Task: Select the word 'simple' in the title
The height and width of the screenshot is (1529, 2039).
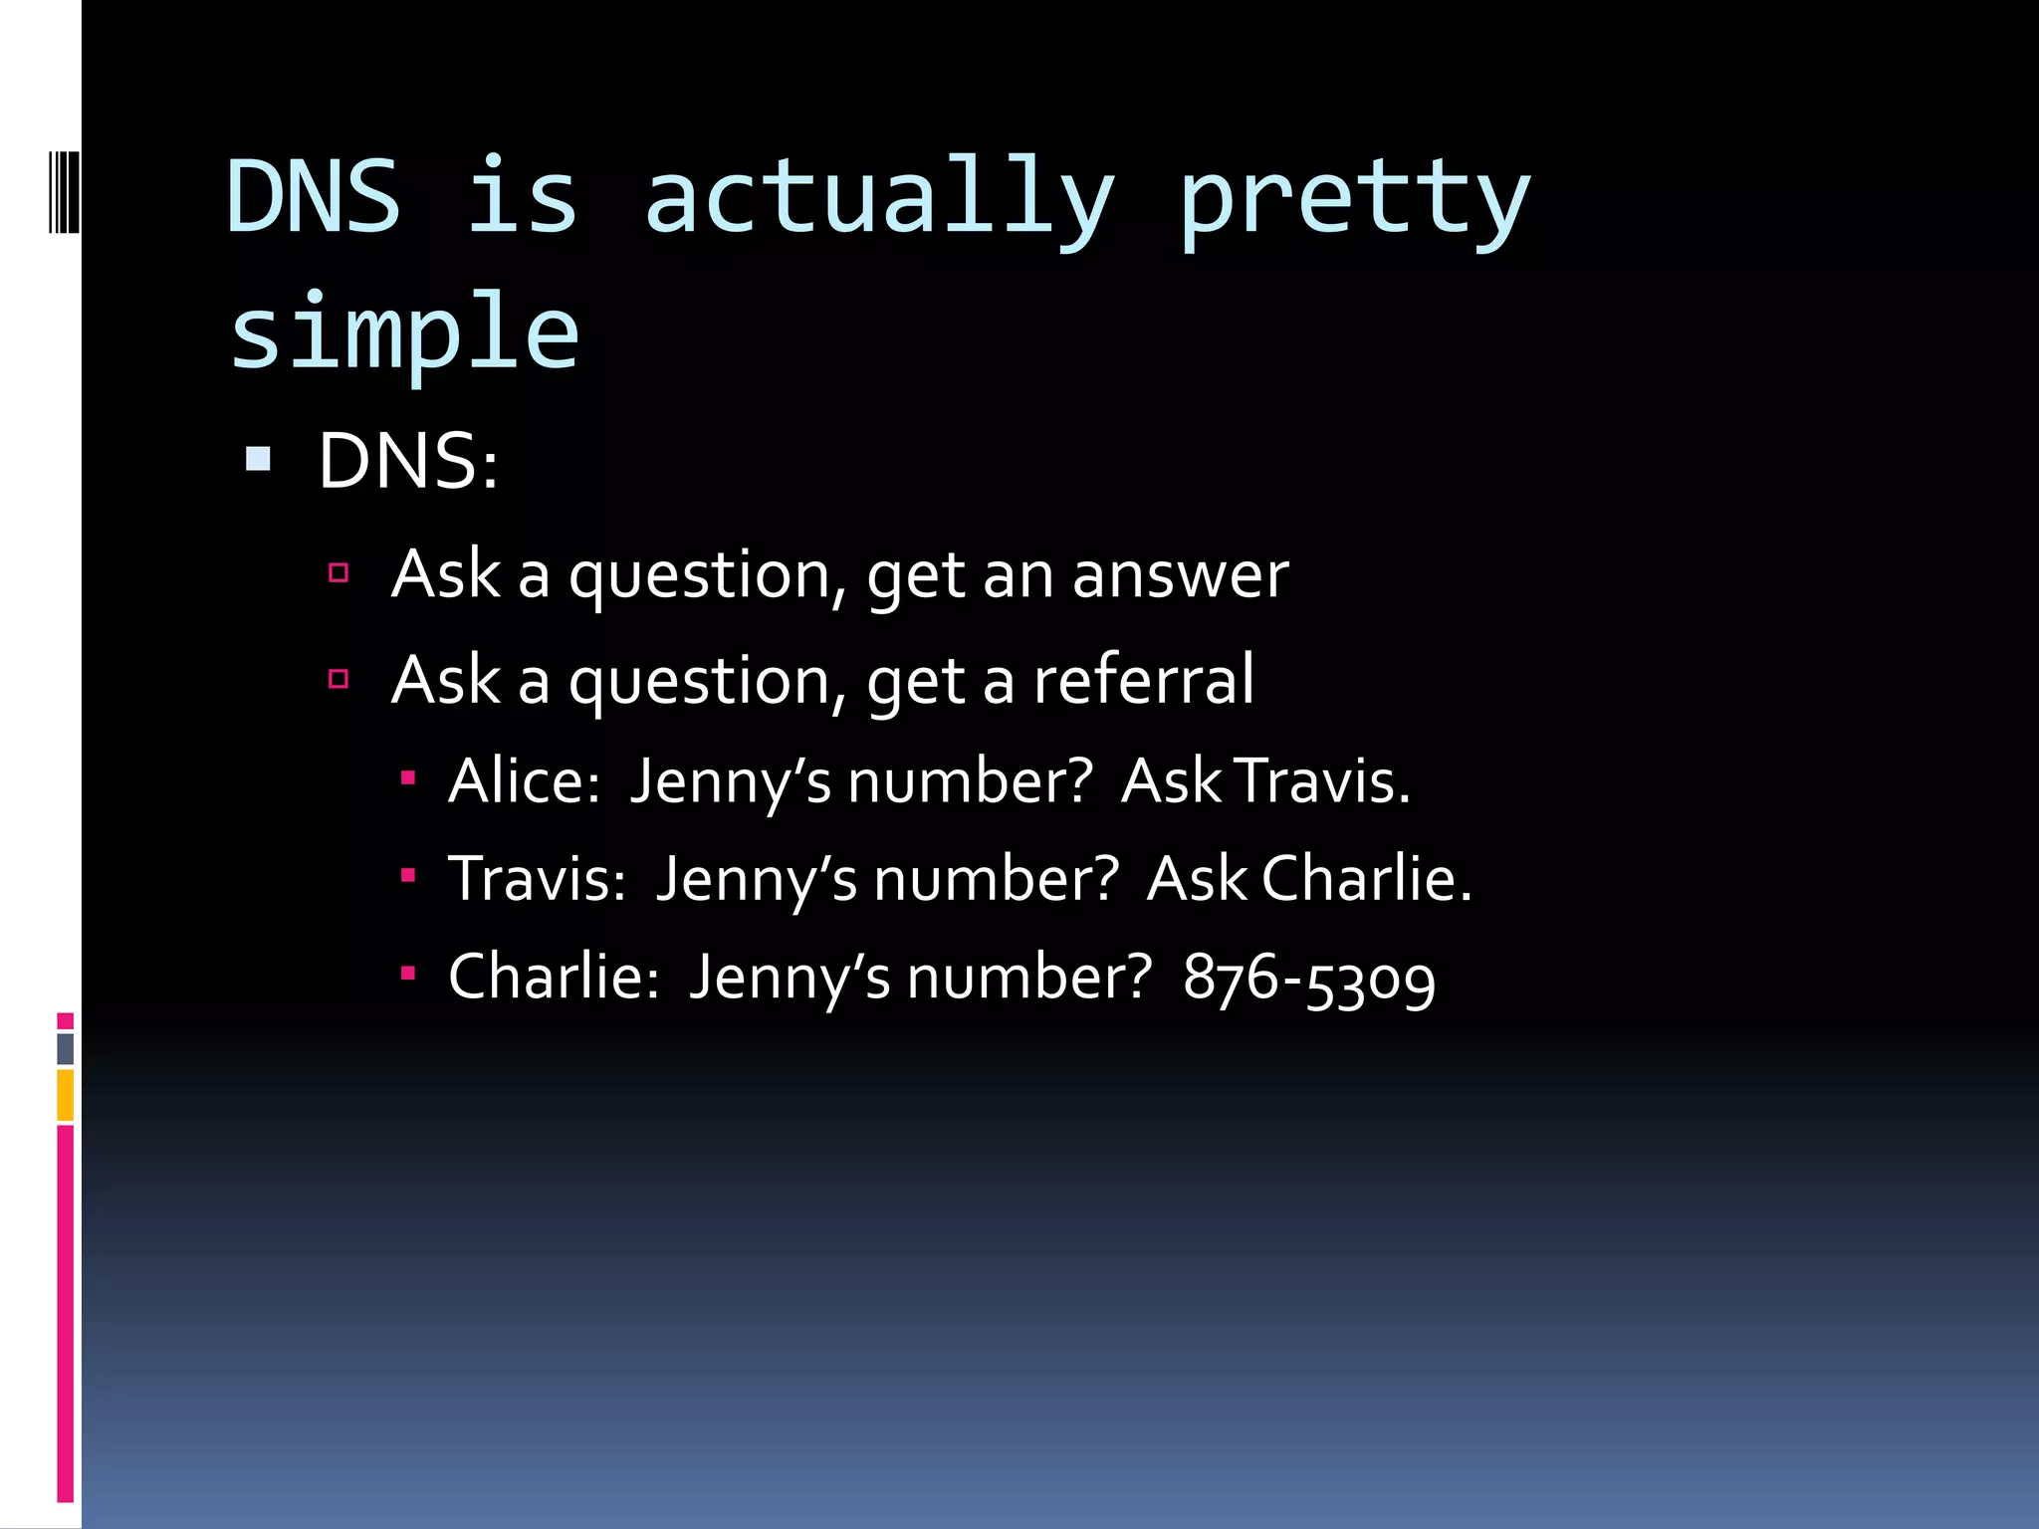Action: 403,332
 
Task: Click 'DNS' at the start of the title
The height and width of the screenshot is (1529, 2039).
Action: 314,197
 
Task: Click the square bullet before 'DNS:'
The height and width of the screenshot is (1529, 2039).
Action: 258,459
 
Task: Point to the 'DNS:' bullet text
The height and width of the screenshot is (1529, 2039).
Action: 407,462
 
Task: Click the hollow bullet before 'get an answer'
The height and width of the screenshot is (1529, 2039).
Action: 339,572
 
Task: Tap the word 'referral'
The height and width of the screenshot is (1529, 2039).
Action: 1143,681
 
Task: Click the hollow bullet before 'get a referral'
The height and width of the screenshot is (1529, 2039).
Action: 339,679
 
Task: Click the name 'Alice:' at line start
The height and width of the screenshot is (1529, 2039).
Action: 524,780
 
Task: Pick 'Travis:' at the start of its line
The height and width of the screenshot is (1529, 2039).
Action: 537,879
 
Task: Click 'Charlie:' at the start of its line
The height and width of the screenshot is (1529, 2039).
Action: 554,976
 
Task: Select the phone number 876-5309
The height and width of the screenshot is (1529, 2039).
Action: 1308,978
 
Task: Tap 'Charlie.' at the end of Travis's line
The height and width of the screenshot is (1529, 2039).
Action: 1366,879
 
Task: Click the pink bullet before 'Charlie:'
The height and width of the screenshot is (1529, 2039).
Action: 407,973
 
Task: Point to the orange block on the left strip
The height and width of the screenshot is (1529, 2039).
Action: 66,1095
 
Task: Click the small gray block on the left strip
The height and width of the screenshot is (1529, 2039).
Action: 66,1048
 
